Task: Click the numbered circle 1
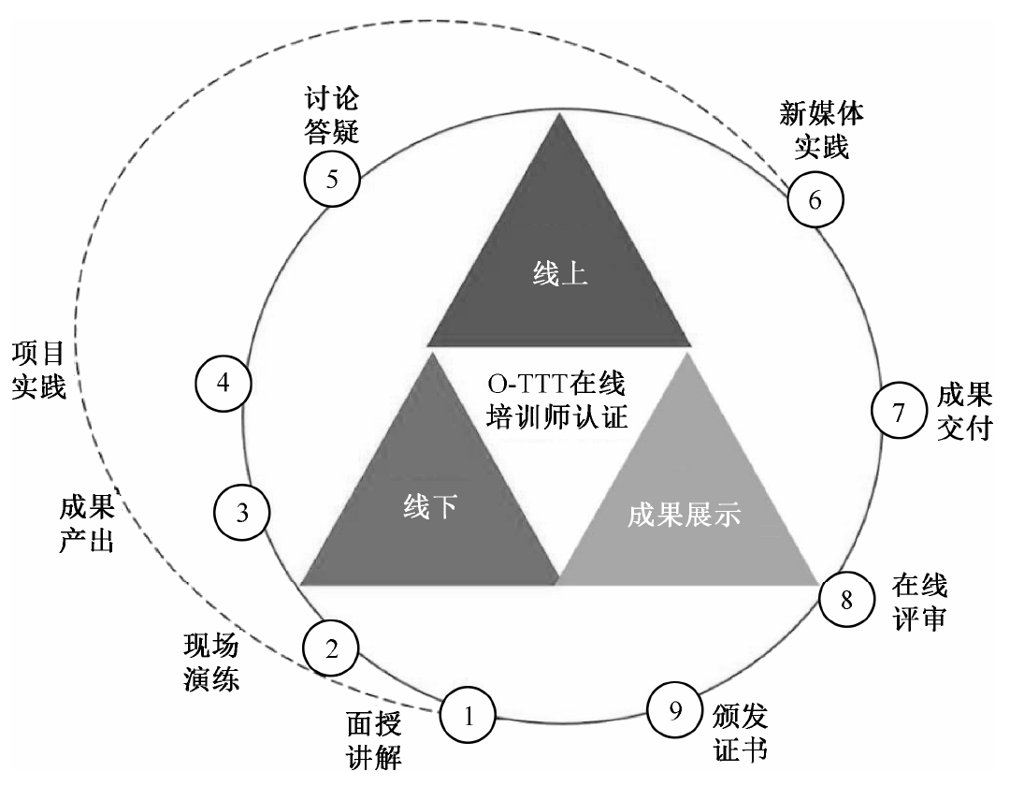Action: (469, 716)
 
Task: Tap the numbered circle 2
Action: (331, 648)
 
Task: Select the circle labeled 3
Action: (242, 512)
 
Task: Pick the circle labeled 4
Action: (223, 383)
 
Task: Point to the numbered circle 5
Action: (332, 179)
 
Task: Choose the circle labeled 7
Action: (899, 412)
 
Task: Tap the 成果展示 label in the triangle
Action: (686, 513)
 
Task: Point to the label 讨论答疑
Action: (332, 114)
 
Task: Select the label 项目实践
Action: (38, 369)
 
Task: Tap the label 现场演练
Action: (211, 662)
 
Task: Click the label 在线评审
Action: (919, 603)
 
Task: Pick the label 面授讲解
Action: (373, 739)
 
